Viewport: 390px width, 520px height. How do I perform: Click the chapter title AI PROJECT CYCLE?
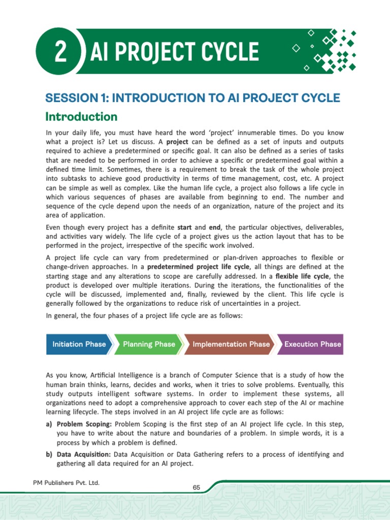tap(174, 52)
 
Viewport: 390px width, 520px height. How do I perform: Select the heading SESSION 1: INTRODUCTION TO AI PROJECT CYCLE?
tap(192, 98)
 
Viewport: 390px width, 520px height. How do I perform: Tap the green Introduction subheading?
tap(81, 117)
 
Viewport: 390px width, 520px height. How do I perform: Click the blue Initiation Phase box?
tap(79, 344)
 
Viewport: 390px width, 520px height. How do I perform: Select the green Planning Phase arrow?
tap(149, 344)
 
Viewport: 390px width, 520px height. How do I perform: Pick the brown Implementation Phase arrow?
tap(231, 344)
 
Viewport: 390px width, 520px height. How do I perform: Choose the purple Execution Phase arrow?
tap(312, 344)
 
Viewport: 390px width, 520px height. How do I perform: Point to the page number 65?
tap(197, 487)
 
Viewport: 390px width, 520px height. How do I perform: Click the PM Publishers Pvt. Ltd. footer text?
tap(63, 482)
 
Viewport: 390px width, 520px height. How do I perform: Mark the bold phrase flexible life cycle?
tap(303, 276)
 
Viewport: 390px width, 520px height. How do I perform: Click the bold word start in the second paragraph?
tap(185, 227)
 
